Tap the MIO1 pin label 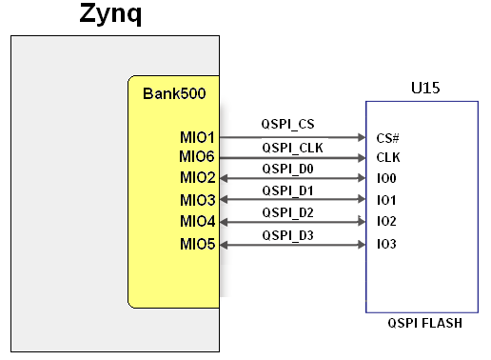pos(197,138)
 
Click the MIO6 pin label pos(197,157)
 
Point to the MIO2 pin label pos(197,178)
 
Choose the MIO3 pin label pos(197,200)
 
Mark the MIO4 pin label pos(197,222)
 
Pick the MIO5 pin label pos(197,245)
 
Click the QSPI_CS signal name pos(288,125)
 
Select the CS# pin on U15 pos(387,139)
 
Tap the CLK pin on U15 pos(387,158)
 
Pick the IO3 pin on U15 pos(386,245)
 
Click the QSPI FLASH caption pos(424,324)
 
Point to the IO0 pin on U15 pos(386,179)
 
